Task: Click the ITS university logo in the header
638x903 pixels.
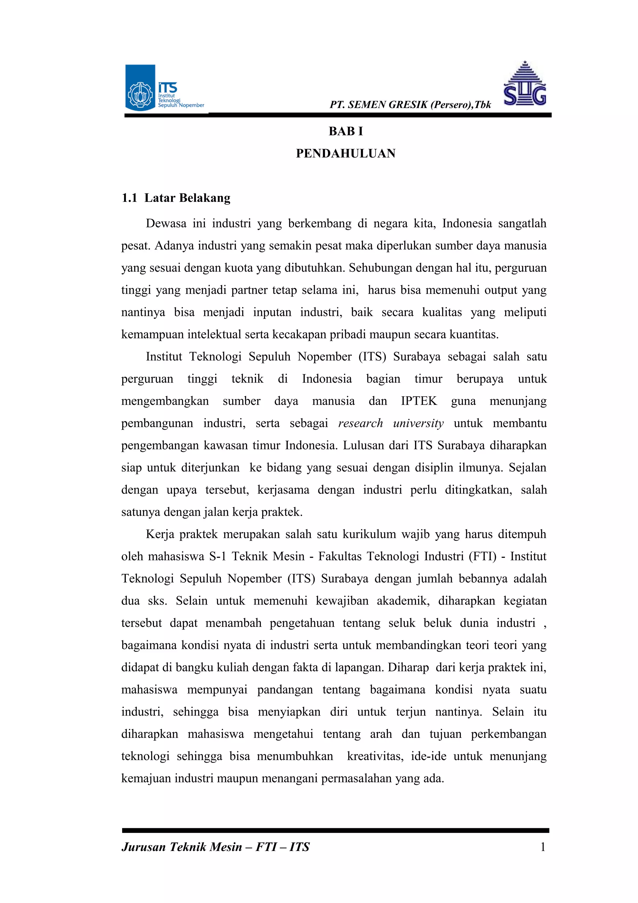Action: coord(164,88)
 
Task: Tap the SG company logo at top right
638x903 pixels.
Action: coord(525,84)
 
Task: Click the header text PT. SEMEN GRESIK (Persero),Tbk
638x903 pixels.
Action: coord(410,105)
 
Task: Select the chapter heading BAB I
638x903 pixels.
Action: coord(345,131)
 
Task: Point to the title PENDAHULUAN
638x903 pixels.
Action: coord(345,153)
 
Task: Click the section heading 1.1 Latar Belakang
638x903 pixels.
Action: coord(176,198)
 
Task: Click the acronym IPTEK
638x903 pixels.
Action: coord(419,401)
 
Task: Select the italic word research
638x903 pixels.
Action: coord(360,423)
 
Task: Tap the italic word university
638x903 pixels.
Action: coord(418,423)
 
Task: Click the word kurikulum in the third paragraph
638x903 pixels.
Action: coord(369,534)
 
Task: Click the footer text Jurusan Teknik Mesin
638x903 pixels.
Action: coord(182,847)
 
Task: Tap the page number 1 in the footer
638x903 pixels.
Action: coord(543,847)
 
